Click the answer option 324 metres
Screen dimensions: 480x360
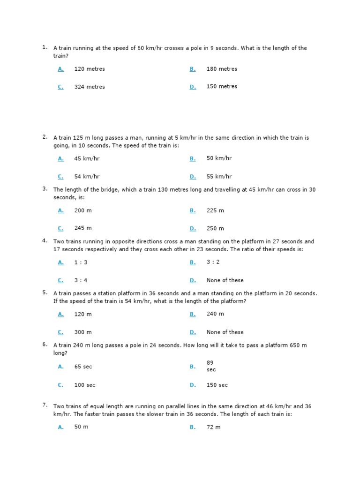[90, 87]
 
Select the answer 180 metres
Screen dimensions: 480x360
[222, 69]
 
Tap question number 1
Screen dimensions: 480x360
[45, 47]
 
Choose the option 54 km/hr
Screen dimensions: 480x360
[87, 177]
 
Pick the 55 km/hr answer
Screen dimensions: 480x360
[219, 177]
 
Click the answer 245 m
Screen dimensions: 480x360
[83, 228]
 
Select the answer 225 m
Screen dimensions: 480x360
[215, 210]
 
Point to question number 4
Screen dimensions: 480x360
[45, 241]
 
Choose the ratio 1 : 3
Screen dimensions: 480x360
[81, 262]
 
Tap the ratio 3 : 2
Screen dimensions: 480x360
[213, 262]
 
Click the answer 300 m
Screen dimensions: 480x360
[83, 332]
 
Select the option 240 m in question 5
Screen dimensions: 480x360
[215, 314]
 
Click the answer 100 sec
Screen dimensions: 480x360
[85, 385]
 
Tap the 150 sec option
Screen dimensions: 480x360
[217, 385]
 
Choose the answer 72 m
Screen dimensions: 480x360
[213, 427]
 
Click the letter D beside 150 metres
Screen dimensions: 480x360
[193, 87]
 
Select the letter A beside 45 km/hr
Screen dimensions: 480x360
[60, 159]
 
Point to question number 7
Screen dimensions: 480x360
[45, 405]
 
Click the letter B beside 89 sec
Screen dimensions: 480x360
[193, 367]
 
